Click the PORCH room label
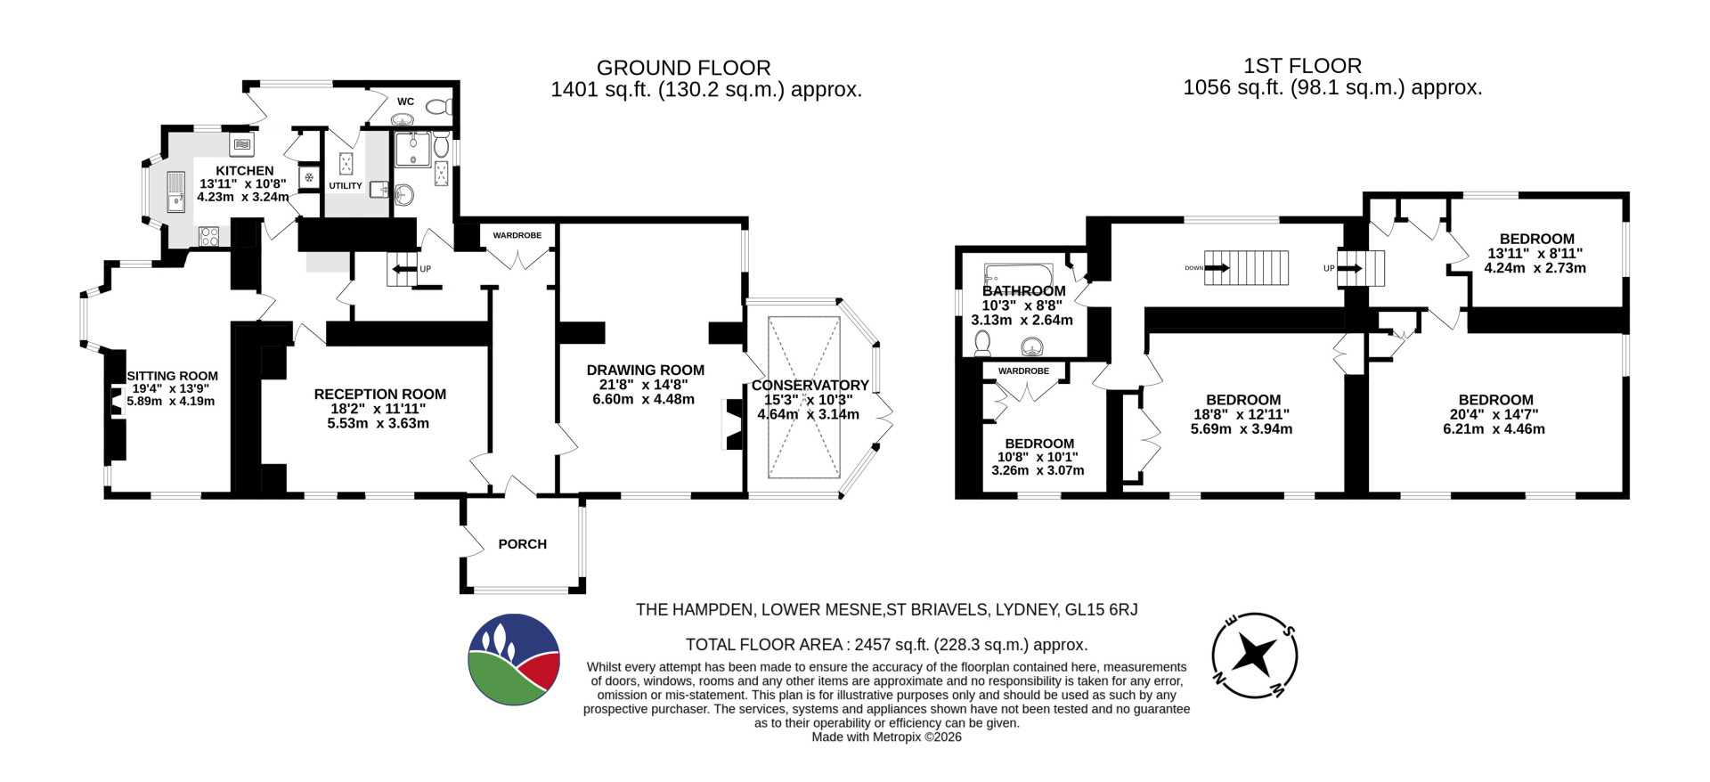[x=522, y=544]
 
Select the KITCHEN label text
[x=245, y=171]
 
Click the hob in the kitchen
[x=209, y=236]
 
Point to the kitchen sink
[x=176, y=192]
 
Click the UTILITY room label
[x=346, y=186]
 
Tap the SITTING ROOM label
[x=172, y=376]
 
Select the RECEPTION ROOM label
[x=380, y=395]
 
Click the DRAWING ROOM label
[x=646, y=371]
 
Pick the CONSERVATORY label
[x=810, y=386]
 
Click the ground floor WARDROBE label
[x=517, y=236]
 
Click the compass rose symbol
[x=1255, y=656]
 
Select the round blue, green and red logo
[x=514, y=660]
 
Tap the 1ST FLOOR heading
[x=1302, y=66]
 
